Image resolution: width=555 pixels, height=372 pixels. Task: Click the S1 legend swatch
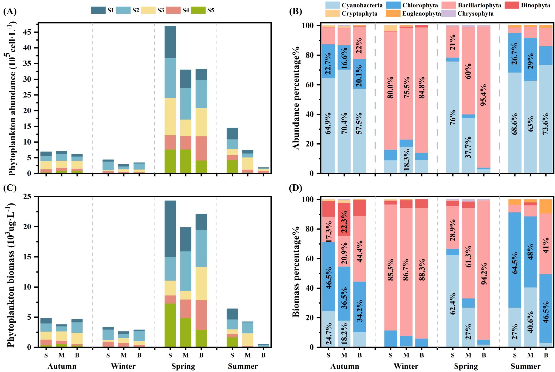tap(98, 10)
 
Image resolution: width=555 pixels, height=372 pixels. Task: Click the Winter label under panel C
tap(123, 366)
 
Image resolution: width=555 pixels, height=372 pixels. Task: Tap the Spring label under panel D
tap(466, 366)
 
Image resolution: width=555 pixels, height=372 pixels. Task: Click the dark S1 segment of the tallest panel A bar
tap(170, 42)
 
